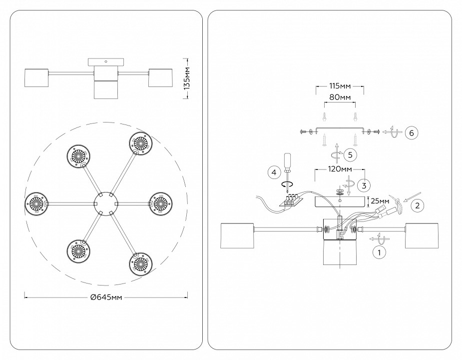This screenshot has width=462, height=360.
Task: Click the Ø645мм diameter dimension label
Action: pos(106,297)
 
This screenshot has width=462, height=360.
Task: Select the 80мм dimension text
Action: pos(340,97)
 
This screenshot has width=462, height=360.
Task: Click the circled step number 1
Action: pos(380,252)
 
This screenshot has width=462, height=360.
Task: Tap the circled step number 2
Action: pos(418,204)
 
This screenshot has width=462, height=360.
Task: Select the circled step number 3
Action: pos(365,185)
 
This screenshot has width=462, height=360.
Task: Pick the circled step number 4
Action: pos(273,173)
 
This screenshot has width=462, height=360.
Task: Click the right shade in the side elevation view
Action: pos(160,78)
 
